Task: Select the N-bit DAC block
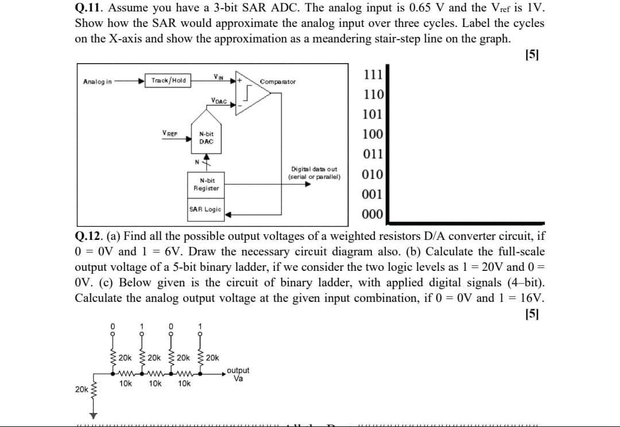pyautogui.click(x=206, y=137)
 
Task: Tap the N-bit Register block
pyautogui.click(x=206, y=184)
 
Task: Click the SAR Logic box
pyautogui.click(x=206, y=209)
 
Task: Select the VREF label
pyautogui.click(x=170, y=133)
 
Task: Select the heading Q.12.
pyautogui.click(x=90, y=236)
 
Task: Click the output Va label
pyautogui.click(x=238, y=374)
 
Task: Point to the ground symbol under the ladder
pyautogui.click(x=90, y=414)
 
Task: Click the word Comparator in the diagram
pyautogui.click(x=278, y=82)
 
